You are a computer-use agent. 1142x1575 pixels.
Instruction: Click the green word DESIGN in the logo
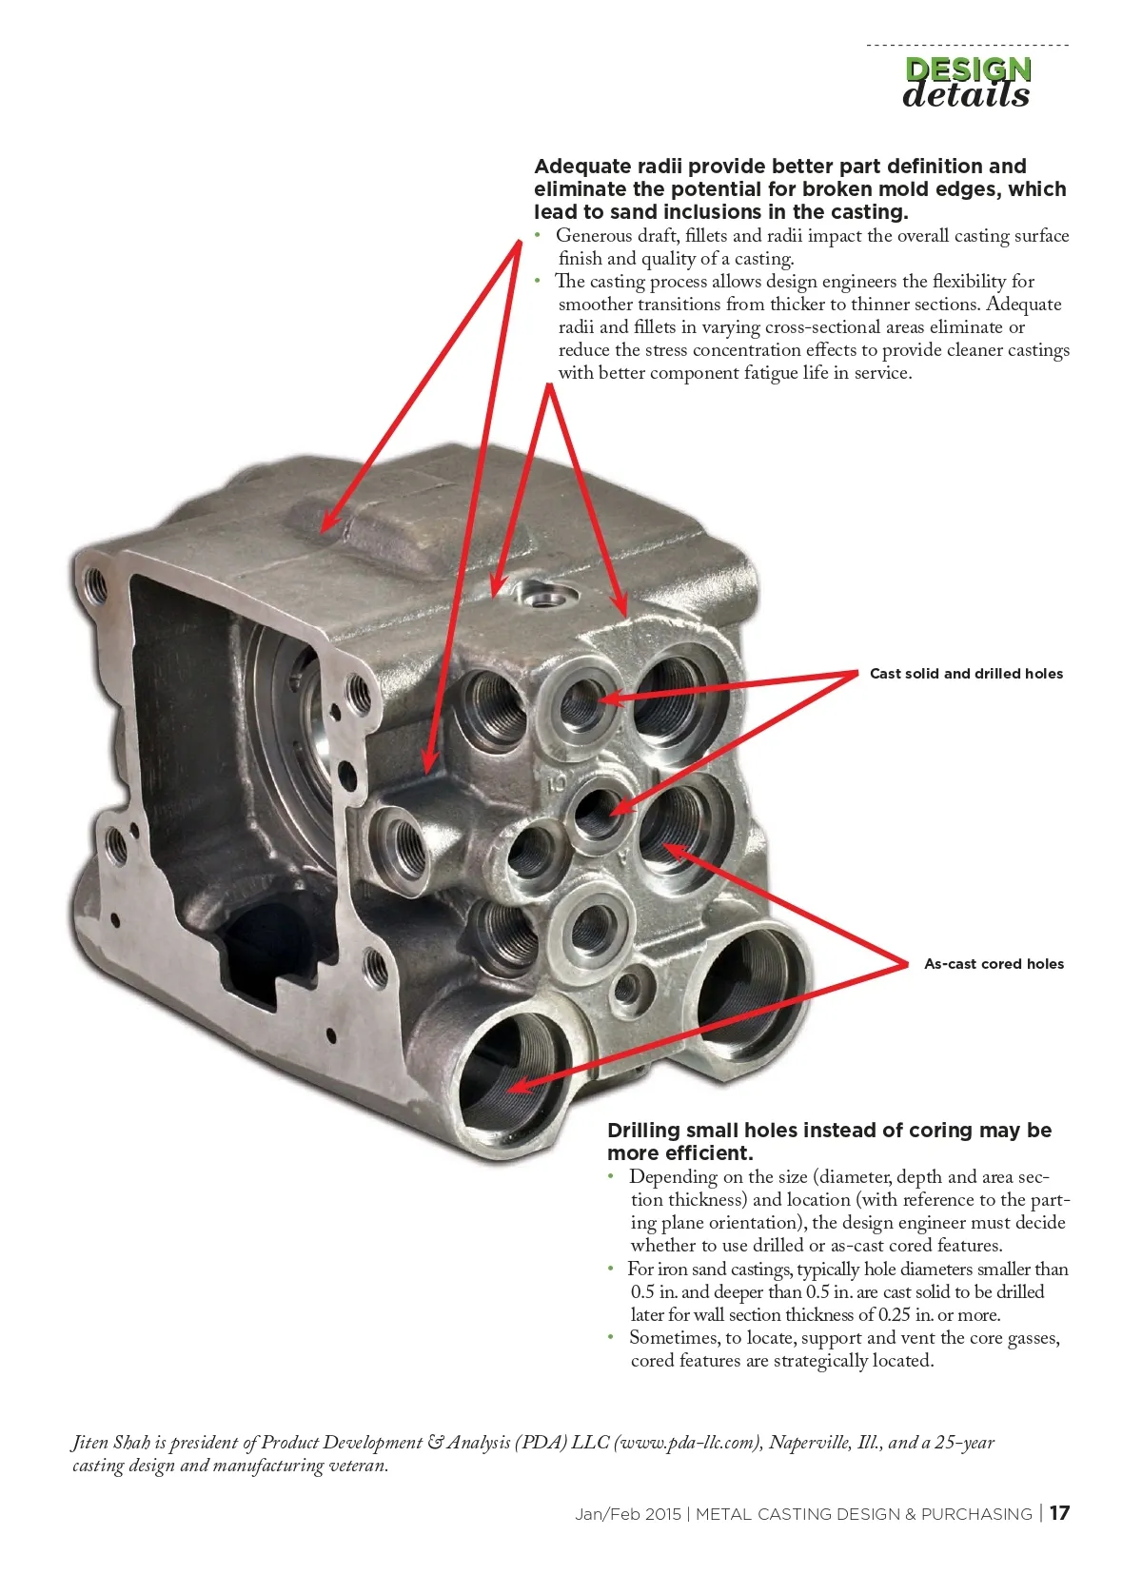pyautogui.click(x=968, y=69)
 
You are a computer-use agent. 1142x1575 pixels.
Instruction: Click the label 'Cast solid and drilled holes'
pyautogui.click(x=966, y=674)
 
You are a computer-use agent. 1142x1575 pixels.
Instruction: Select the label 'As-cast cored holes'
pyautogui.click(x=994, y=964)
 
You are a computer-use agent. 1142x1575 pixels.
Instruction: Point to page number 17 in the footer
pyautogui.click(x=1060, y=1513)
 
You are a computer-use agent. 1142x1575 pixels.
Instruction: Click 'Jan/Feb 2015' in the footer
pyautogui.click(x=628, y=1514)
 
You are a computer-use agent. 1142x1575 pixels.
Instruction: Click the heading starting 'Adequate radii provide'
pyautogui.click(x=800, y=189)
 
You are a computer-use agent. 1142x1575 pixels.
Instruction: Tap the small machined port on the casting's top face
pyautogui.click(x=545, y=595)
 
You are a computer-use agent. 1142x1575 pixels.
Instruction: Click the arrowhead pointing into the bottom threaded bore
pyautogui.click(x=519, y=1086)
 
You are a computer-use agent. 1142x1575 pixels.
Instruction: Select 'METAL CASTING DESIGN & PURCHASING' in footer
pyautogui.click(x=863, y=1514)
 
